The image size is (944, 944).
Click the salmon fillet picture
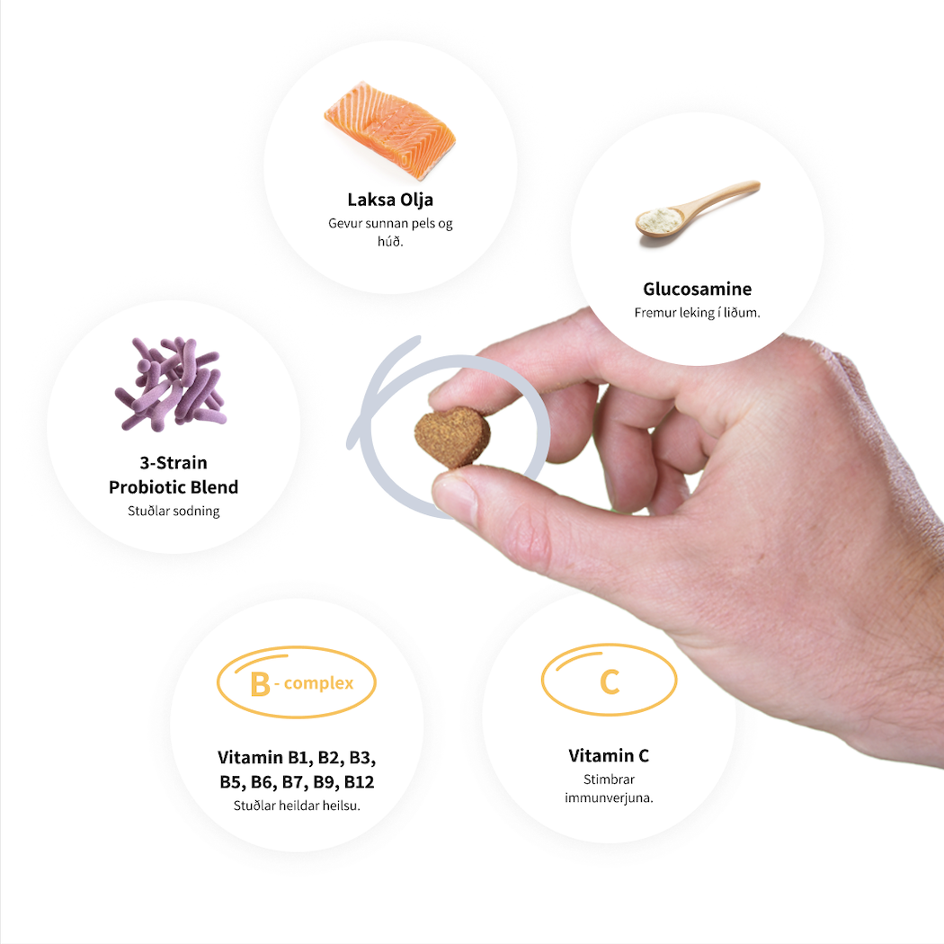coord(390,130)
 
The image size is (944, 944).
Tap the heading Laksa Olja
coord(390,200)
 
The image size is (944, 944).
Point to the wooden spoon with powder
coord(697,209)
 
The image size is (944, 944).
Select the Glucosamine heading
coord(697,289)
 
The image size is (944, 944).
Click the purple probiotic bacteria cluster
coord(171,384)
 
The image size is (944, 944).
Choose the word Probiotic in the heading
coord(146,487)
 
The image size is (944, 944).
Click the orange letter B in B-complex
coord(260,684)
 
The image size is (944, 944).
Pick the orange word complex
coord(318,684)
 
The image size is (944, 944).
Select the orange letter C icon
coord(610,681)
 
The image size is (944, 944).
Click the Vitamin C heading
coord(609,755)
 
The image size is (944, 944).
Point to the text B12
coord(359,782)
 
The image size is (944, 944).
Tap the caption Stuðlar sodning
coord(174,512)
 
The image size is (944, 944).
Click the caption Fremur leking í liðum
coord(697,313)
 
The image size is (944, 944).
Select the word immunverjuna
coord(609,798)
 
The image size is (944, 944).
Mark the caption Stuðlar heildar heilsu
coord(297,806)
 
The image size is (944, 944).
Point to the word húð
coord(390,242)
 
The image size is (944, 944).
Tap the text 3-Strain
coord(174,463)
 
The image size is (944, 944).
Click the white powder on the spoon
coord(660,219)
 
